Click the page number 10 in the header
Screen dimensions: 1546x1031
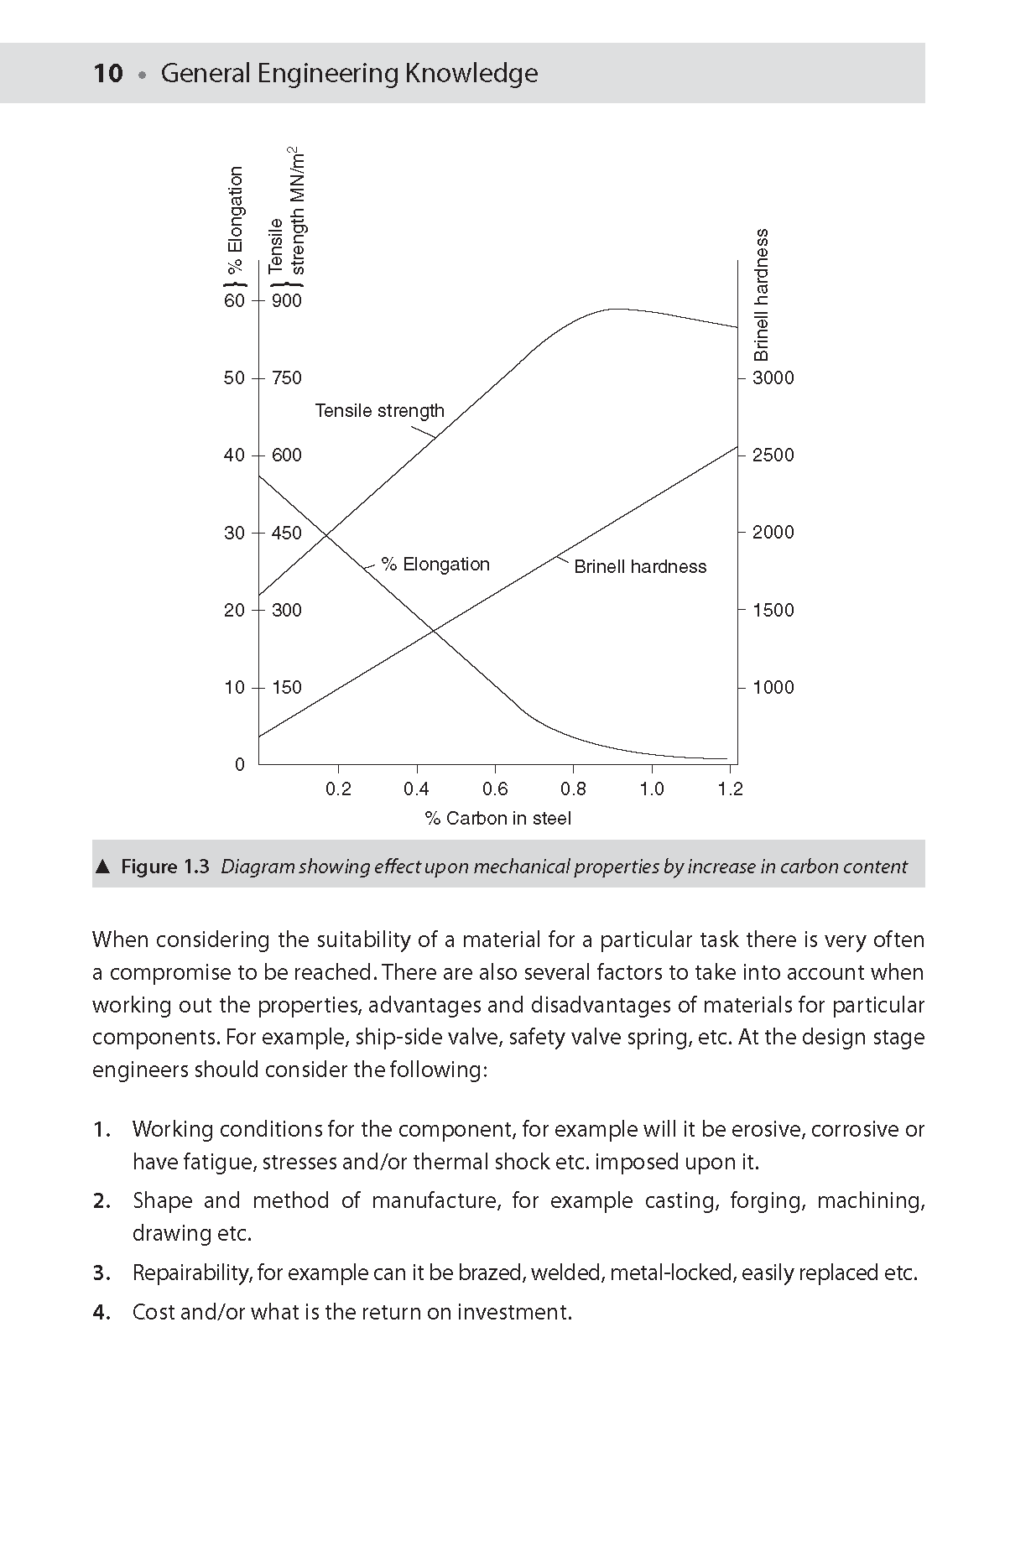pos(108,74)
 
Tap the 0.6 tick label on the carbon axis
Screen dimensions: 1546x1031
pos(495,789)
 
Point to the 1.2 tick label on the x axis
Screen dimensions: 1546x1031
pos(731,789)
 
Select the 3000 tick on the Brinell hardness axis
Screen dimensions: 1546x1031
pos(773,378)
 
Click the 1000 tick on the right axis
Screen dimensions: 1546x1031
pos(773,688)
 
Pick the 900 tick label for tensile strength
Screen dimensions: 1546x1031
pos(286,301)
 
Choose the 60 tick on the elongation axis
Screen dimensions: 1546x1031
pos(234,301)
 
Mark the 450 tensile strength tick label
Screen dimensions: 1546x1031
pos(286,534)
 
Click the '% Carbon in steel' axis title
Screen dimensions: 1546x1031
pos(497,819)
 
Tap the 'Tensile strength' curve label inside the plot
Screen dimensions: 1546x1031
pos(379,411)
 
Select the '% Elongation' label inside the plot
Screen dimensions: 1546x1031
pos(435,565)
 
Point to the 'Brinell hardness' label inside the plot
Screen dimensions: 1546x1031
pos(640,567)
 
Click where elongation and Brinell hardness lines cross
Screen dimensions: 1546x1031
pos(434,630)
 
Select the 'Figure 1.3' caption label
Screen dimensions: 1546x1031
pos(164,867)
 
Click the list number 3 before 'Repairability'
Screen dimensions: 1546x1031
pos(101,1273)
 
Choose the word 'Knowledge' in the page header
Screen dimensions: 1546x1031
pos(471,74)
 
